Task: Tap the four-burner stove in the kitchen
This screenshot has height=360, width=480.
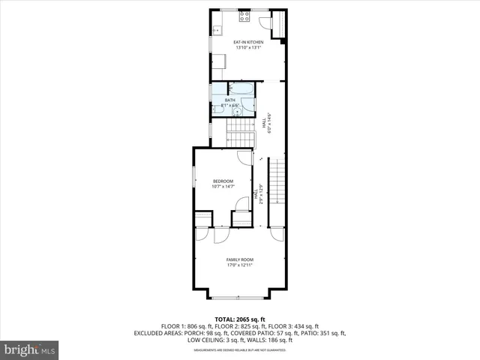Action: (x=244, y=15)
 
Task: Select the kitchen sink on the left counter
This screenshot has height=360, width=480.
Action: (x=215, y=31)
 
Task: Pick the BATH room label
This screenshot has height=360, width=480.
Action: (x=230, y=100)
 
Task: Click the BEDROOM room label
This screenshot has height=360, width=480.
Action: (x=223, y=181)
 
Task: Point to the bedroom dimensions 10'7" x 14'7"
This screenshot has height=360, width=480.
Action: (x=223, y=187)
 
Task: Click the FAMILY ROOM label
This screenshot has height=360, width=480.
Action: (x=240, y=259)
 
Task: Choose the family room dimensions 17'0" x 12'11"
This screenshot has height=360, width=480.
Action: (x=240, y=265)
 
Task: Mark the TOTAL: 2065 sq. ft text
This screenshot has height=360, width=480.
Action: (x=240, y=319)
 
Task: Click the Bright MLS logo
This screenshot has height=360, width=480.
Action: (x=30, y=349)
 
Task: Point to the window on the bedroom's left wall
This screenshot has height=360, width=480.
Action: (x=193, y=180)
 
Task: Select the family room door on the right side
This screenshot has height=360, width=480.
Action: (x=277, y=233)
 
